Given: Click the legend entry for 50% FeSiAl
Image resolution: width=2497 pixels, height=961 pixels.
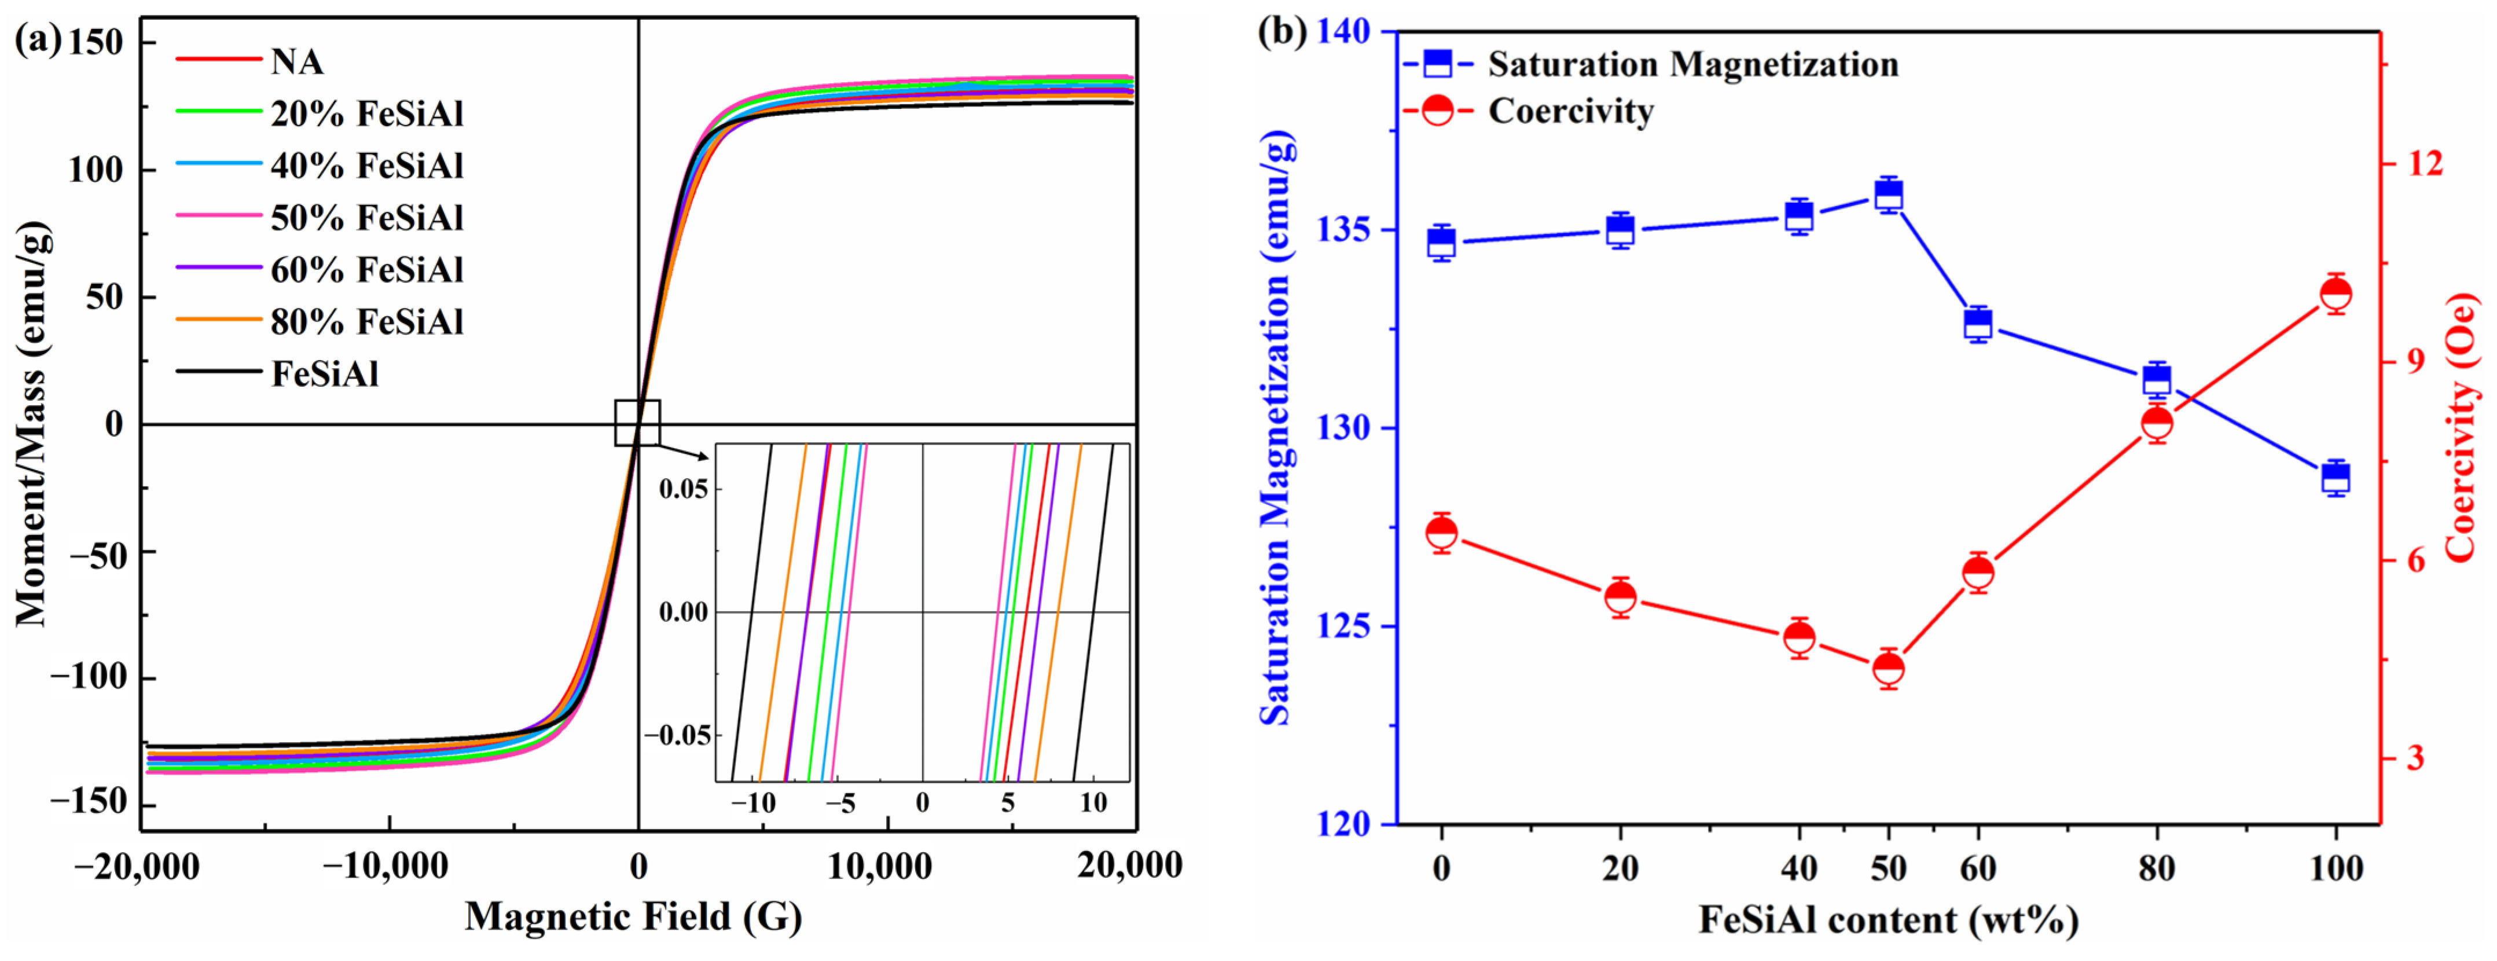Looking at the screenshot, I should coord(366,217).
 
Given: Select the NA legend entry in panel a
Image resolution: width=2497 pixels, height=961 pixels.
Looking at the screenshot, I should coord(296,61).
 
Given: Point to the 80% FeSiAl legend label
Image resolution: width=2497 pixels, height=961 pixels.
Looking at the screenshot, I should coord(366,321).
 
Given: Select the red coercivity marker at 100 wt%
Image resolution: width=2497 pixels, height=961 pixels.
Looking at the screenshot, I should coord(2336,294).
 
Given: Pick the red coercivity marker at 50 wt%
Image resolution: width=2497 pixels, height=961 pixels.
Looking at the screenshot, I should coord(1888,668).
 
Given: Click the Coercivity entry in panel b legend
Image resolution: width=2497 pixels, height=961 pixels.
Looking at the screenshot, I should coord(1570,112).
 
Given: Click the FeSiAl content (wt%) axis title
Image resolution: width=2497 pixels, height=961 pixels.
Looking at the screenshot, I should coord(1888,919).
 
